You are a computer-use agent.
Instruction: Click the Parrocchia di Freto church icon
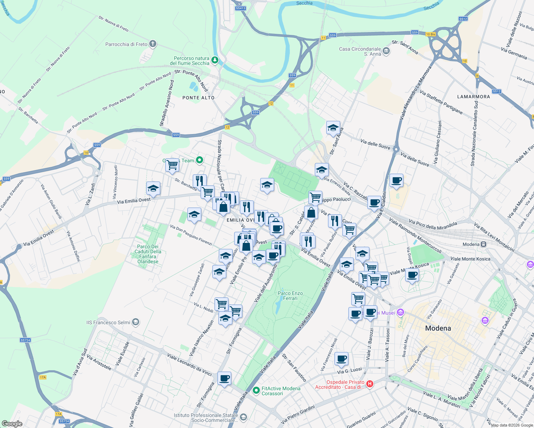pyautogui.click(x=153, y=44)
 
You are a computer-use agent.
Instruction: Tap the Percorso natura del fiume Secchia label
pyautogui.click(x=192, y=61)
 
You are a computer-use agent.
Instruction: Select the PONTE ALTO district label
pyautogui.click(x=198, y=98)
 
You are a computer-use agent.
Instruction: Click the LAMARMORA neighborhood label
pyautogui.click(x=473, y=97)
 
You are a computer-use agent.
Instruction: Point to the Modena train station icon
pyautogui.click(x=483, y=244)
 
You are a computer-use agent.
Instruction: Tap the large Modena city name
pyautogui.click(x=438, y=328)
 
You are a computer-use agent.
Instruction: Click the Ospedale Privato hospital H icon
pyautogui.click(x=370, y=384)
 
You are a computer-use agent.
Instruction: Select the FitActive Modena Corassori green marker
pyautogui.click(x=256, y=391)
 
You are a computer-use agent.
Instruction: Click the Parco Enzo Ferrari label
pyautogui.click(x=290, y=296)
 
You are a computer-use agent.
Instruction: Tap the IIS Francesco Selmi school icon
pyautogui.click(x=135, y=322)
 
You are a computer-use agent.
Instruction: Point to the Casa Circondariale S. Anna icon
pyautogui.click(x=386, y=51)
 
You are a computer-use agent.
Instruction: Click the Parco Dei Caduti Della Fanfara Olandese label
pyautogui.click(x=148, y=254)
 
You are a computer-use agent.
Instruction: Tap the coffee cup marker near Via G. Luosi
pyautogui.click(x=342, y=359)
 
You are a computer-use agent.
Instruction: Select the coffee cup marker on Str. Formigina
pyautogui.click(x=224, y=378)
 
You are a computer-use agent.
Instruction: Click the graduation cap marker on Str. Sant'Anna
pyautogui.click(x=333, y=128)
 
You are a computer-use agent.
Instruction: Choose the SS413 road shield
pyautogui.click(x=240, y=8)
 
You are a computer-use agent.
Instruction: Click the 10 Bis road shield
pyautogui.click(x=430, y=34)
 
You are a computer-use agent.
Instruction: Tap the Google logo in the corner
pyautogui.click(x=12, y=423)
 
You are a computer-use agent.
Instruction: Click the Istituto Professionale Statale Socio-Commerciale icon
pyautogui.click(x=243, y=417)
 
